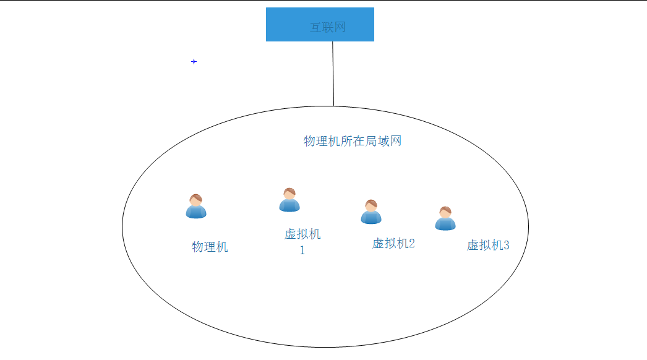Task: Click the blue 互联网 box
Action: coord(320,24)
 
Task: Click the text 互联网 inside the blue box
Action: coord(328,27)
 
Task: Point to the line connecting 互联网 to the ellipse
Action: coord(333,74)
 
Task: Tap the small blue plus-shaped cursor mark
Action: coord(194,62)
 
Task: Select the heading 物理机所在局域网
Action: coord(353,141)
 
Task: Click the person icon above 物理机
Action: coord(196,207)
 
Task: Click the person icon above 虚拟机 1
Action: coord(289,200)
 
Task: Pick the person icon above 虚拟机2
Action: coord(371,212)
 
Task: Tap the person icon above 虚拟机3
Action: coord(445,218)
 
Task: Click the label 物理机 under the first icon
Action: coord(210,247)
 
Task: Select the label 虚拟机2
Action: coord(393,244)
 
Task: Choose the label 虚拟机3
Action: coord(488,246)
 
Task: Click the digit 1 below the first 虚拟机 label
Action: coord(302,251)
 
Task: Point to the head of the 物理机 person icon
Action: coord(196,200)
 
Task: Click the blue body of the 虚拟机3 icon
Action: coord(445,223)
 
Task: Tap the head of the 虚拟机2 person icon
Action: coord(371,205)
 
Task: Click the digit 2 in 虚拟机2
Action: coord(411,244)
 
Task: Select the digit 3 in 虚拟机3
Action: coord(506,246)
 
